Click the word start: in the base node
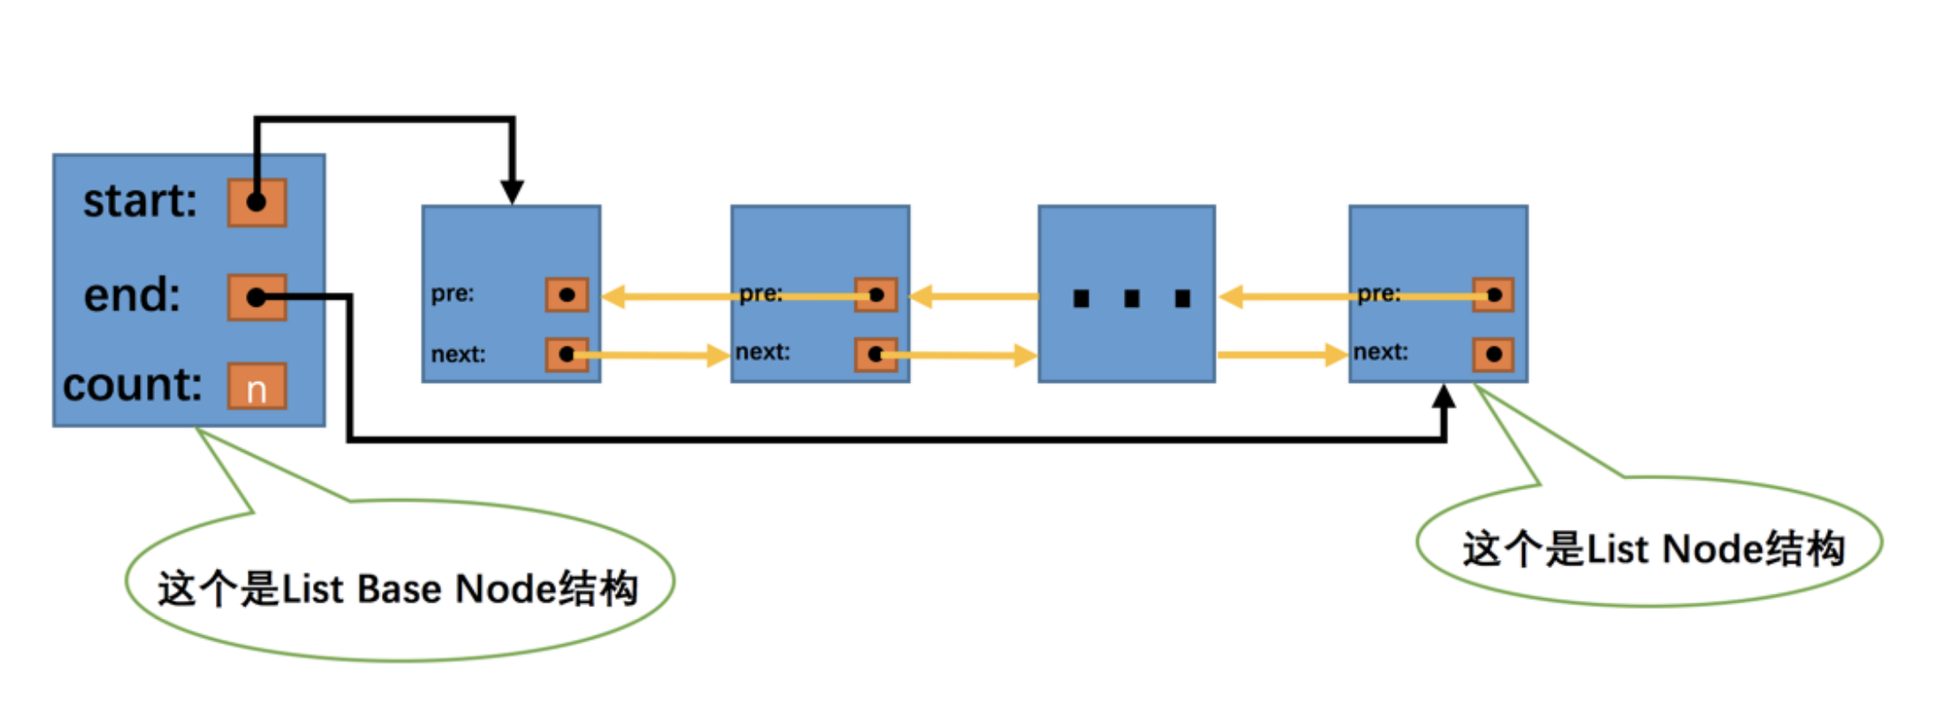click(x=140, y=201)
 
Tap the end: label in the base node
click(x=132, y=295)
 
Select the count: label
click(x=132, y=385)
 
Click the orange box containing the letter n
click(x=257, y=388)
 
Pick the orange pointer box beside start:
click(x=257, y=202)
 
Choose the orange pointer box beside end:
click(x=257, y=298)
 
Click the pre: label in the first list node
click(x=452, y=294)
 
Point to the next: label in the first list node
click(x=458, y=354)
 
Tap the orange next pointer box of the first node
click(x=567, y=354)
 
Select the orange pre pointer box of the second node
click(x=876, y=295)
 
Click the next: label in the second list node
click(x=763, y=352)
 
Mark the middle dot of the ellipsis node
click(x=1131, y=299)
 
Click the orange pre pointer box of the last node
click(x=1493, y=295)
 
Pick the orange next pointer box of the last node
click(x=1493, y=354)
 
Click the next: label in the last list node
click(x=1381, y=352)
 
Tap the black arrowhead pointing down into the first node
click(x=513, y=192)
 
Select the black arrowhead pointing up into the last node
click(x=1444, y=397)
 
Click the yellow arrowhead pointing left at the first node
click(x=614, y=297)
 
